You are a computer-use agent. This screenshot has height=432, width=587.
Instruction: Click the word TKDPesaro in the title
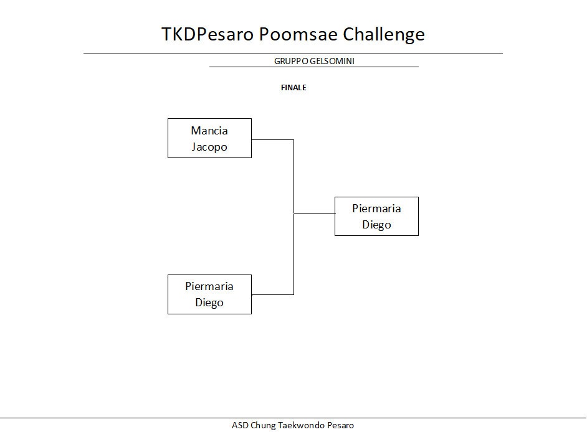[x=208, y=34]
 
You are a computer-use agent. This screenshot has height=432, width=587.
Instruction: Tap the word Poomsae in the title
[x=298, y=34]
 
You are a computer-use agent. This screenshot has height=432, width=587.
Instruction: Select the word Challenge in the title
[x=384, y=35]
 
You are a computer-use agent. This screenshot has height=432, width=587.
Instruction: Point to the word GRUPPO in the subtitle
[x=291, y=61]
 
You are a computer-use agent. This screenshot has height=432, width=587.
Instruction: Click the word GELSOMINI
[x=332, y=61]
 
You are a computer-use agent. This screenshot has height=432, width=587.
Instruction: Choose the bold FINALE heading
[x=293, y=88]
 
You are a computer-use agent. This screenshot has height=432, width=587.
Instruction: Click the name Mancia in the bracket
[x=209, y=131]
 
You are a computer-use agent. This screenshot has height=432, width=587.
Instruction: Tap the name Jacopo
[x=209, y=147]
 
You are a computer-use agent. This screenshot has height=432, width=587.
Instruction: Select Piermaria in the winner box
[x=376, y=209]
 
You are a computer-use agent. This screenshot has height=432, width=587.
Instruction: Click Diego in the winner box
[x=376, y=225]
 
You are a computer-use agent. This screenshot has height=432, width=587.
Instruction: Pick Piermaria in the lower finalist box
[x=209, y=286]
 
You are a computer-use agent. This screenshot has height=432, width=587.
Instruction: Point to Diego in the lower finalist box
[x=209, y=303]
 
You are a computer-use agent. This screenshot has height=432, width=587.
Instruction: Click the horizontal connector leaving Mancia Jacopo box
[x=272, y=140]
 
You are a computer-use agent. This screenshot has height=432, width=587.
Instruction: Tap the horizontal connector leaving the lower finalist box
[x=272, y=294]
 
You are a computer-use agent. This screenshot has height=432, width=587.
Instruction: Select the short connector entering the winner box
[x=315, y=213]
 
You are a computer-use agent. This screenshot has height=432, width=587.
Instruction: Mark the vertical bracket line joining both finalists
[x=294, y=217]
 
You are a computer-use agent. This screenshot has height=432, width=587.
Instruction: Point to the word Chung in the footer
[x=263, y=426]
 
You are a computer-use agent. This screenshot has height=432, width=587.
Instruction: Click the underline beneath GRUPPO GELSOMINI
[x=313, y=67]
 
